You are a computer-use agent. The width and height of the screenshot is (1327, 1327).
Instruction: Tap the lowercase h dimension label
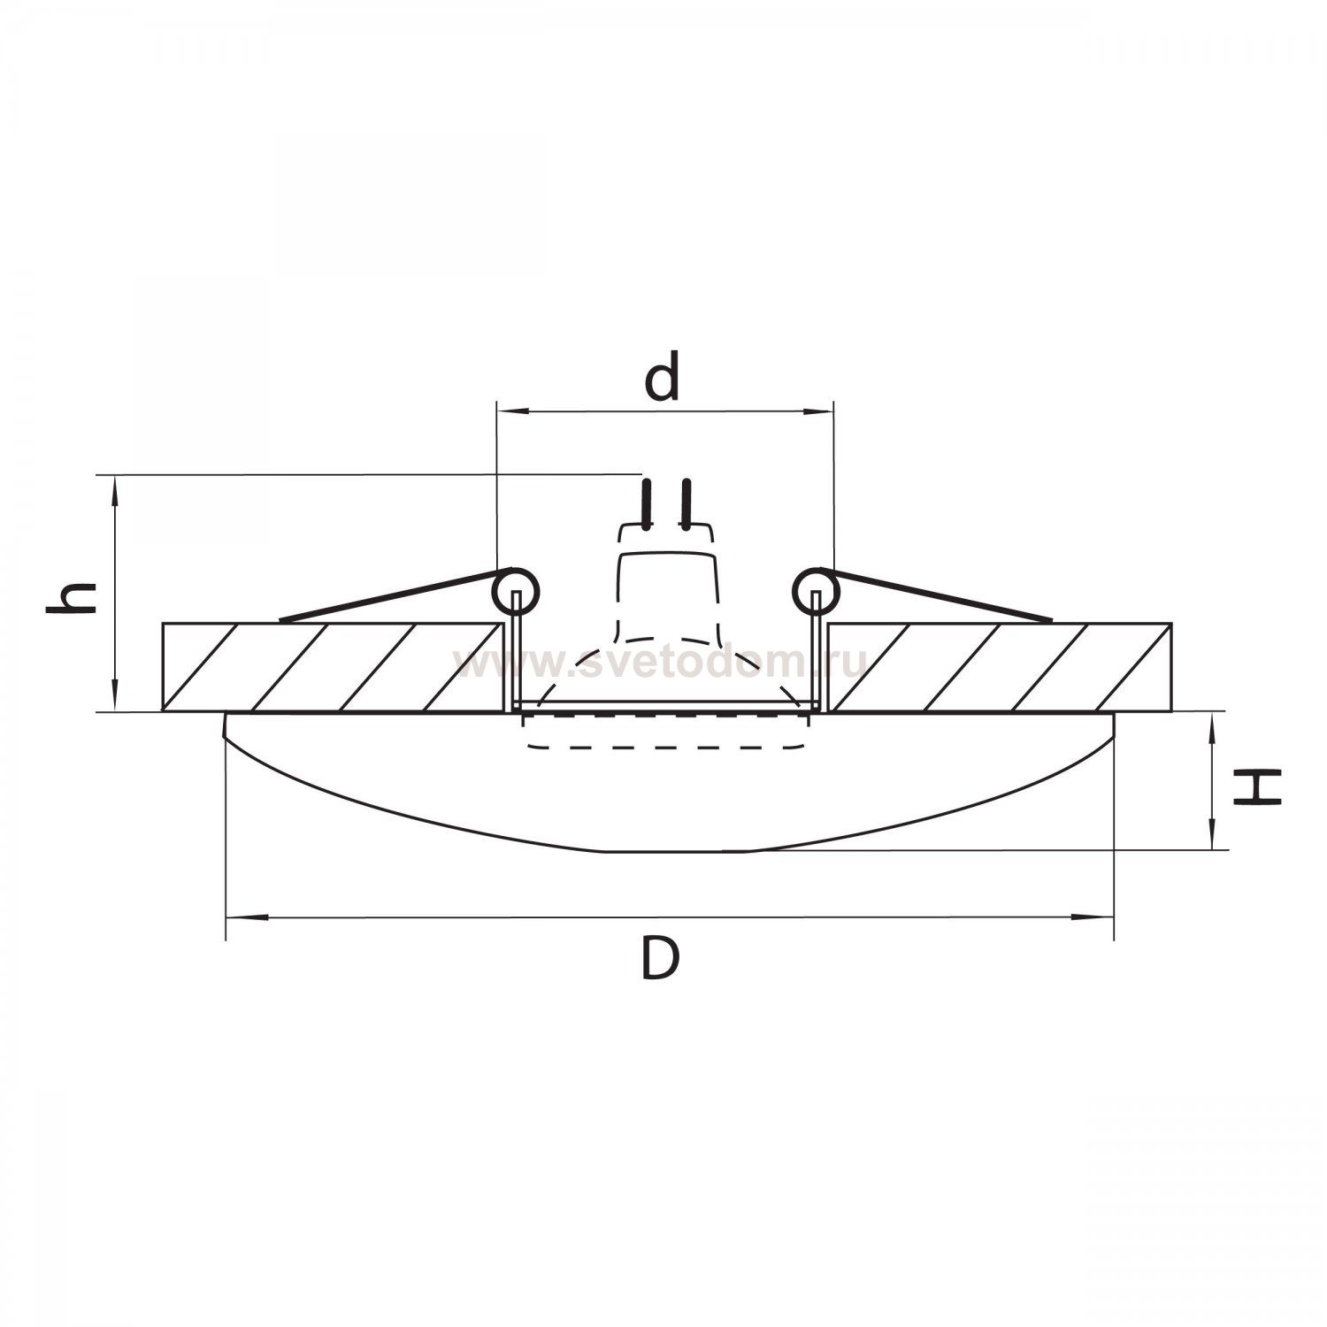pos(71,598)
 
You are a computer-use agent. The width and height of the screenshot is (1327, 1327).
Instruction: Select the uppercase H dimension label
pos(1257,786)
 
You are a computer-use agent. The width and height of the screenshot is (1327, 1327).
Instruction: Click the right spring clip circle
pos(815,589)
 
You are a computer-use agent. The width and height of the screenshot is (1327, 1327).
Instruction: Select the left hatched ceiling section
pos(333,667)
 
